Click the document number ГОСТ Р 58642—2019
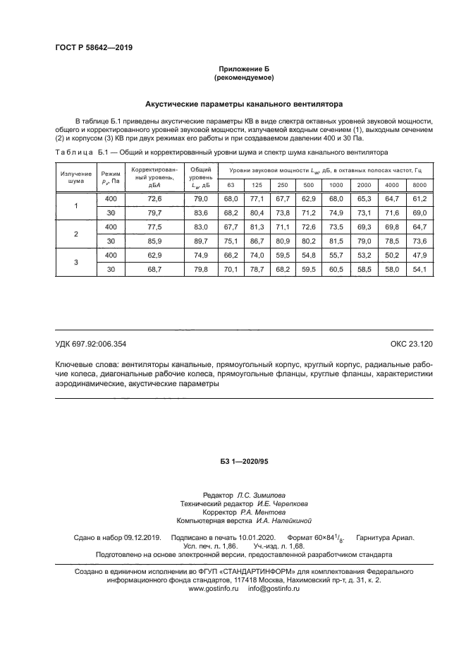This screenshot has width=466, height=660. [x=93, y=48]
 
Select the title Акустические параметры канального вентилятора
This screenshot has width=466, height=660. [x=243, y=104]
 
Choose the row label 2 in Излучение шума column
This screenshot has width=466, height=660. [x=76, y=233]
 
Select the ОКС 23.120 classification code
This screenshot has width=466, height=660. [x=411, y=344]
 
